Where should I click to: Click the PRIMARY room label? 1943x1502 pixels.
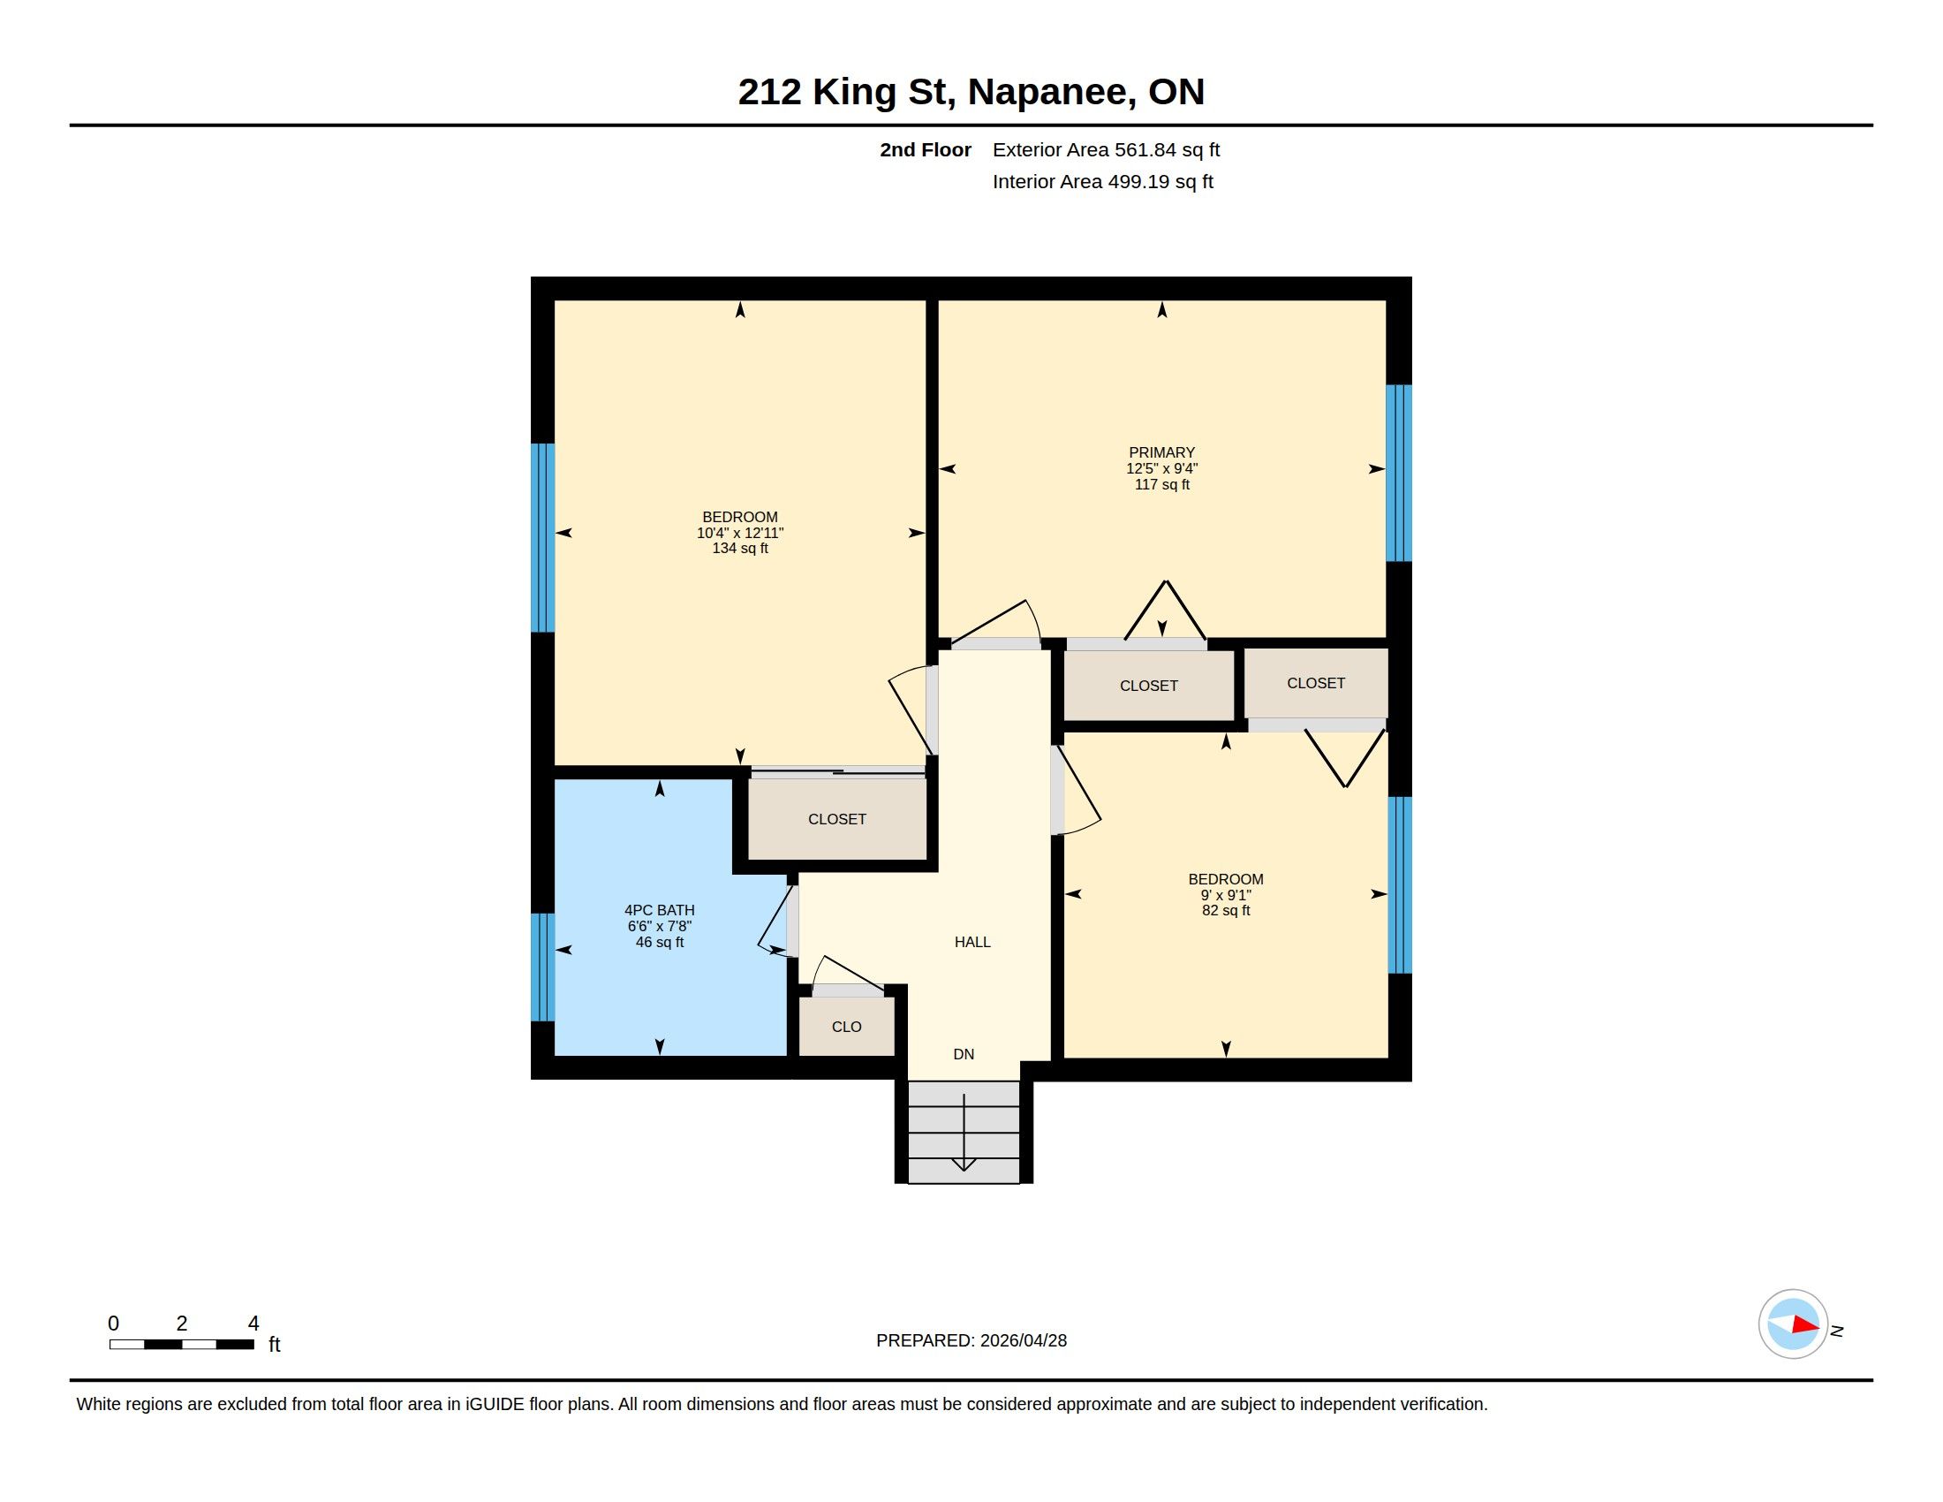coord(1161,453)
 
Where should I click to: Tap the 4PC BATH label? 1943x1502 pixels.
coord(659,910)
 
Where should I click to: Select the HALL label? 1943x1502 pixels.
coord(972,943)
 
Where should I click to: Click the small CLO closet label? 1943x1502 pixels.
coord(846,1027)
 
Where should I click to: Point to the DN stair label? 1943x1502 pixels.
coord(964,1054)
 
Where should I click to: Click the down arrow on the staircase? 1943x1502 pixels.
coord(964,1133)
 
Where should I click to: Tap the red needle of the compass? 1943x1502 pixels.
coord(1805,1325)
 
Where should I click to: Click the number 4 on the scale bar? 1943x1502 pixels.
coord(253,1324)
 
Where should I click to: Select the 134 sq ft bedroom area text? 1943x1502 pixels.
coord(740,549)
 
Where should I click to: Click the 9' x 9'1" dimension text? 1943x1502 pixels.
coord(1226,895)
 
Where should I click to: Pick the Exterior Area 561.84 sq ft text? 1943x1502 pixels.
coord(1106,149)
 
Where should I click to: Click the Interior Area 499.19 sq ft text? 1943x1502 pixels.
coord(1102,181)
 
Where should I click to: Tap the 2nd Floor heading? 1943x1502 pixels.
coord(926,149)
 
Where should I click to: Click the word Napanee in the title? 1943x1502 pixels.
coord(1051,92)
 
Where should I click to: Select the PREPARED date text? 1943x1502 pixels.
coord(971,1340)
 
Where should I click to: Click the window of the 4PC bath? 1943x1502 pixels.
coord(542,967)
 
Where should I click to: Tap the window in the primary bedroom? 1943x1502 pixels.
coord(1400,474)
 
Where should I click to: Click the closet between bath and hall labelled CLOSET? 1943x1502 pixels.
coord(837,820)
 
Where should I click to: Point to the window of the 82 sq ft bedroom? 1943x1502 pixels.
coord(1401,885)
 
